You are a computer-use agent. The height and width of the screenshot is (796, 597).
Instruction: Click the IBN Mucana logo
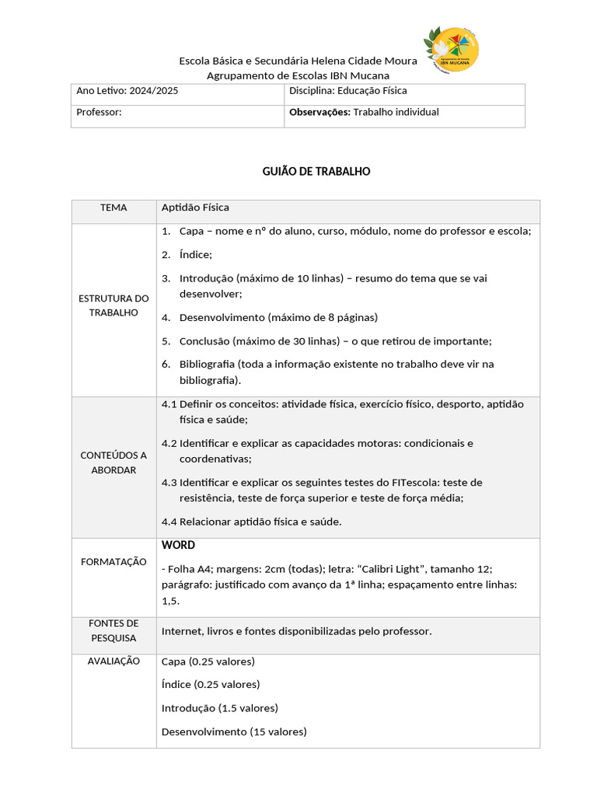[451, 49]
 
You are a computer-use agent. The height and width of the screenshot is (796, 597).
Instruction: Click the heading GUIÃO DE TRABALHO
[316, 171]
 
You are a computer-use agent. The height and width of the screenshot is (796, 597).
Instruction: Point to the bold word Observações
[319, 112]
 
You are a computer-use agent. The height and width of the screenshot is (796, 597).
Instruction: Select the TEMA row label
[113, 208]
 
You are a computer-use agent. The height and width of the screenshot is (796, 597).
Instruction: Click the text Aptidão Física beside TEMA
[195, 208]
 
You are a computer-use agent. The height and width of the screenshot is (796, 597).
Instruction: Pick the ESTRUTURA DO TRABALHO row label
[113, 305]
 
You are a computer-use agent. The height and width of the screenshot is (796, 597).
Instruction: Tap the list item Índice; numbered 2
[195, 254]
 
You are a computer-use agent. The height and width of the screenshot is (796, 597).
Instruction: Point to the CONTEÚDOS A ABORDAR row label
[113, 463]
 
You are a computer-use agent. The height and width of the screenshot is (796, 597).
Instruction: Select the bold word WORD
[178, 545]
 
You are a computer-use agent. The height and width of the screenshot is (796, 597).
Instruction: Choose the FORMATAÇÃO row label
[113, 561]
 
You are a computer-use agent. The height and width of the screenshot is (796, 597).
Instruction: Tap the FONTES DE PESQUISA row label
[113, 630]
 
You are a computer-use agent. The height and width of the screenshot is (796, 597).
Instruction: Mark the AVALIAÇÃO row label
[113, 661]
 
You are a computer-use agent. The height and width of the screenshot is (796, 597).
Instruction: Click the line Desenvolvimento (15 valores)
[234, 731]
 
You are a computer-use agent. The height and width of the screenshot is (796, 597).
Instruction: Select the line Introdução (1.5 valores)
[219, 708]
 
